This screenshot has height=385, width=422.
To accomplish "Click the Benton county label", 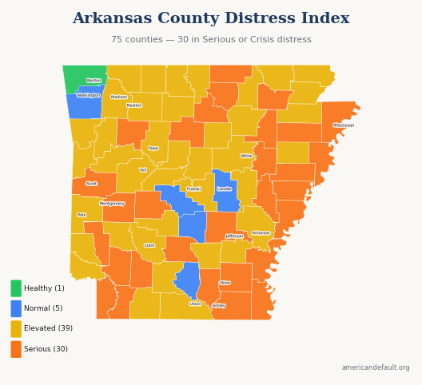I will click(x=94, y=81).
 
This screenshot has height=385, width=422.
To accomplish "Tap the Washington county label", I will click(x=89, y=95).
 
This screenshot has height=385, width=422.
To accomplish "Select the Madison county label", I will click(x=119, y=97).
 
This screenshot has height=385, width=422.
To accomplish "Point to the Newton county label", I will click(x=134, y=105).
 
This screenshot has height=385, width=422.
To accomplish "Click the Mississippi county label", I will click(x=344, y=125).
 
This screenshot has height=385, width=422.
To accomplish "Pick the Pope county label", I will click(x=153, y=149).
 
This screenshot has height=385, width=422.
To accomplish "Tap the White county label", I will click(x=246, y=157).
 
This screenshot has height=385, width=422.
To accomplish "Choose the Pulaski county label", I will click(x=193, y=189).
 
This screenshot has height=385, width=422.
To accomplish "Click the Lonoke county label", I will click(x=225, y=189).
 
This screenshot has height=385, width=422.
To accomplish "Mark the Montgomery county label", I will click(x=112, y=204).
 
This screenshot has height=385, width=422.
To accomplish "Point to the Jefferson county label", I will click(x=234, y=236).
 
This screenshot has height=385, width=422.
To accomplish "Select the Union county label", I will click(x=196, y=304).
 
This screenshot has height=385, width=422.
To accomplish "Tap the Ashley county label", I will click(x=219, y=306).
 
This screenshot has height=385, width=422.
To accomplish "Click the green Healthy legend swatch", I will click(x=16, y=288).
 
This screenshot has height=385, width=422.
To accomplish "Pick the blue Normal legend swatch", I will click(x=16, y=308).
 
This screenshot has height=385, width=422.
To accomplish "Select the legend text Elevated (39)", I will click(x=48, y=328).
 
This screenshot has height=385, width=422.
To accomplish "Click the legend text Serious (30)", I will click(x=46, y=349).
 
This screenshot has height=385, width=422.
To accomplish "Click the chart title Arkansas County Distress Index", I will click(x=211, y=18).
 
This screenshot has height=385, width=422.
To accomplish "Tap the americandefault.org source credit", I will click(x=376, y=368).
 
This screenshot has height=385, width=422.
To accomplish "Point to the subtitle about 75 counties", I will click(x=211, y=40).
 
